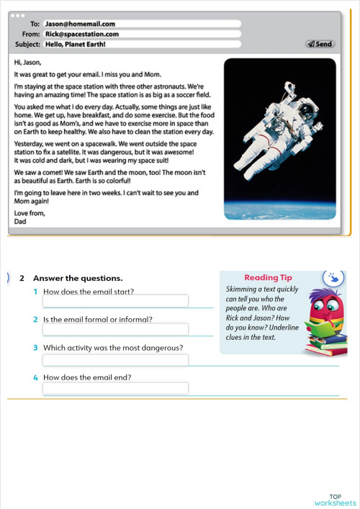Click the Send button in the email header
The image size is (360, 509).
pos(320,44)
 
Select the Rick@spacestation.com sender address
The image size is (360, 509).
pos(81,34)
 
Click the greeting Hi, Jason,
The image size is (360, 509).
pos(28,62)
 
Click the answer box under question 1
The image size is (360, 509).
pos(115,301)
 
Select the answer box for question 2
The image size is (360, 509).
pos(115,329)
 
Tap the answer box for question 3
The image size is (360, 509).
pos(115,359)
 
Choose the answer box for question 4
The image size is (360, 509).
pos(115,388)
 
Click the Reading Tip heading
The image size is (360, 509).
pos(268,278)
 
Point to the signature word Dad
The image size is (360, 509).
pos(21,222)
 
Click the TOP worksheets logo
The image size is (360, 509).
pos(335,499)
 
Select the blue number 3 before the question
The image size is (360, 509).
pos(35,348)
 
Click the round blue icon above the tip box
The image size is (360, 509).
pos(333,277)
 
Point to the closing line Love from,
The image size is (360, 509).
pos(29,213)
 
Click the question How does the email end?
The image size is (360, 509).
pos(87,377)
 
